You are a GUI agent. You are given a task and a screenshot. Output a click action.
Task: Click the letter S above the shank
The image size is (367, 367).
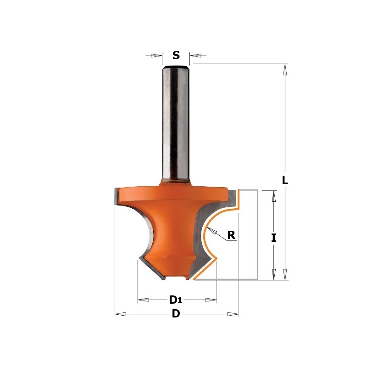tap(176, 56)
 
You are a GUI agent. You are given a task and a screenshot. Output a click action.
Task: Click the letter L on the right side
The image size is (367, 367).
tap(285, 180)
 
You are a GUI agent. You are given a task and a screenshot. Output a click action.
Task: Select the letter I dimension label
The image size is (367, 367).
tap(274, 238)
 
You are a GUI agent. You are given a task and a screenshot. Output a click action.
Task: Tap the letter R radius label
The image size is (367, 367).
tap(231, 235)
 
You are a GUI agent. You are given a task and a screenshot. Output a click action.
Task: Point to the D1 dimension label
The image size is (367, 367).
tap(176, 300)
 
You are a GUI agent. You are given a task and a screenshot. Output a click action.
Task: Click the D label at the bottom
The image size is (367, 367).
tap(175, 314)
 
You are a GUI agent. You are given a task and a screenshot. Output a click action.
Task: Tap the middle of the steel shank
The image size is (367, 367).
tap(176, 124)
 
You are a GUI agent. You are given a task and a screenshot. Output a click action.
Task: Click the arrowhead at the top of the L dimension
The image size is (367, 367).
tap(285, 69)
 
